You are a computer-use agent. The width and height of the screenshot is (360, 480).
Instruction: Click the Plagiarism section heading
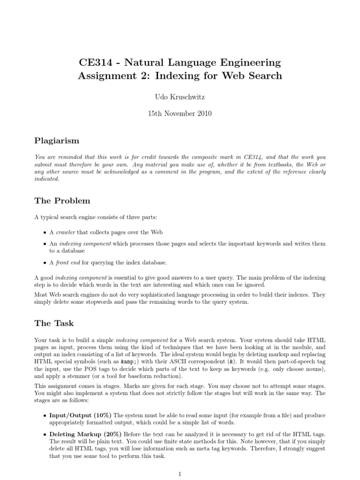57,141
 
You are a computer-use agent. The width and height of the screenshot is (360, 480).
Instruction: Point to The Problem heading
62,201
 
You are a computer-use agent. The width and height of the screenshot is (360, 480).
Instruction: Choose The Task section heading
54,323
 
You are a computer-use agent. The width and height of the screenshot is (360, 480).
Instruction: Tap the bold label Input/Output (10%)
81,416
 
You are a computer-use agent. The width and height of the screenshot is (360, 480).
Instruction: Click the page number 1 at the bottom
180,474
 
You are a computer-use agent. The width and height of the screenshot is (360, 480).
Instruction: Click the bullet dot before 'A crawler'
45,232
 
